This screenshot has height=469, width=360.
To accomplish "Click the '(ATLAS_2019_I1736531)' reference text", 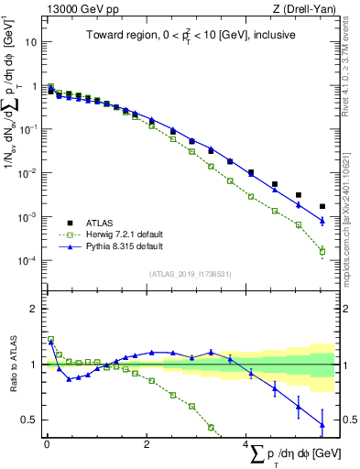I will pos(191,274).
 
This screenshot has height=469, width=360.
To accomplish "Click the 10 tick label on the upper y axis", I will pos(30,42).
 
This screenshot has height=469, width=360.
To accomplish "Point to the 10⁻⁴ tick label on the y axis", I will pos(27,261).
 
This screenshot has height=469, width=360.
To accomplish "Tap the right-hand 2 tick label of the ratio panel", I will pos(346,309).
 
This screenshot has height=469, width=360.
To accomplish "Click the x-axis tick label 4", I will pos(245,444).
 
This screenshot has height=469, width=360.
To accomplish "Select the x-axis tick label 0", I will pos(47,444).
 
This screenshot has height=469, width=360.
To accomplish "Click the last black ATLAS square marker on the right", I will pos(322,207).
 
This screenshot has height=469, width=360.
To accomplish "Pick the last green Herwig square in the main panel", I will pos(322,251).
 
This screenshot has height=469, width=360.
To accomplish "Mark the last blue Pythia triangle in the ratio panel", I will pos(322,424).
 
